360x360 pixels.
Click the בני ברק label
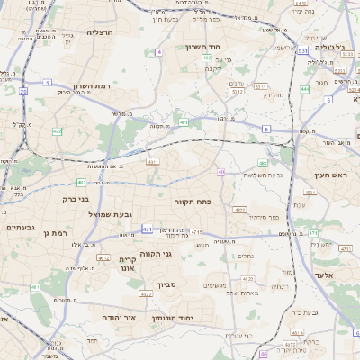point(76,199)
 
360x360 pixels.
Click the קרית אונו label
point(126,263)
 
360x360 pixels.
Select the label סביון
point(168,285)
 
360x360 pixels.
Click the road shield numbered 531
point(302,52)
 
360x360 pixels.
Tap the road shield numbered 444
point(305,89)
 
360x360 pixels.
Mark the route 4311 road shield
point(153,162)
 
